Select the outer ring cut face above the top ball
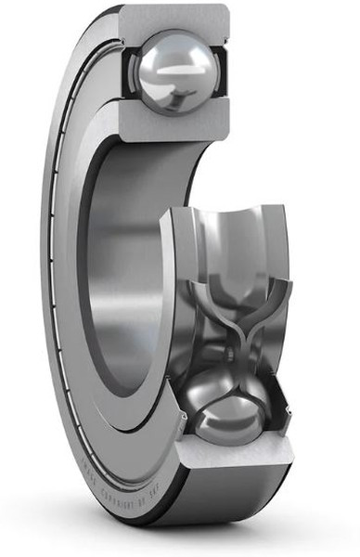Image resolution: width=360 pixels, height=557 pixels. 176,16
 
